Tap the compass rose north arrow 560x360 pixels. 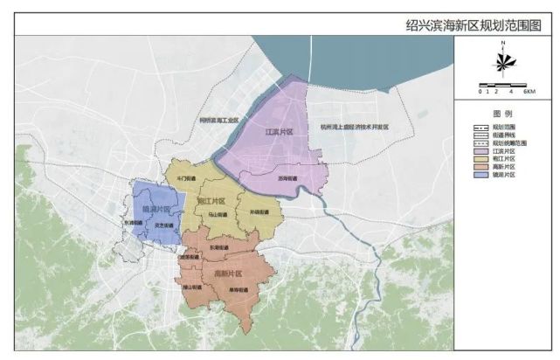(x=504, y=61)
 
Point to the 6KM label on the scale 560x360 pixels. (x=527, y=91)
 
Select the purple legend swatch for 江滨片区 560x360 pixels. (x=478, y=151)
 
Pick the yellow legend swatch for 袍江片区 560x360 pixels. (x=478, y=159)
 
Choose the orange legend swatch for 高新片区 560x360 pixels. (x=478, y=167)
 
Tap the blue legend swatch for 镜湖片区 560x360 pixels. (x=478, y=175)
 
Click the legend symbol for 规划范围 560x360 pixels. (x=478, y=128)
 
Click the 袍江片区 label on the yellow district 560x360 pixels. (x=211, y=201)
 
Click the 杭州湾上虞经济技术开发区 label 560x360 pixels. (x=355, y=127)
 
